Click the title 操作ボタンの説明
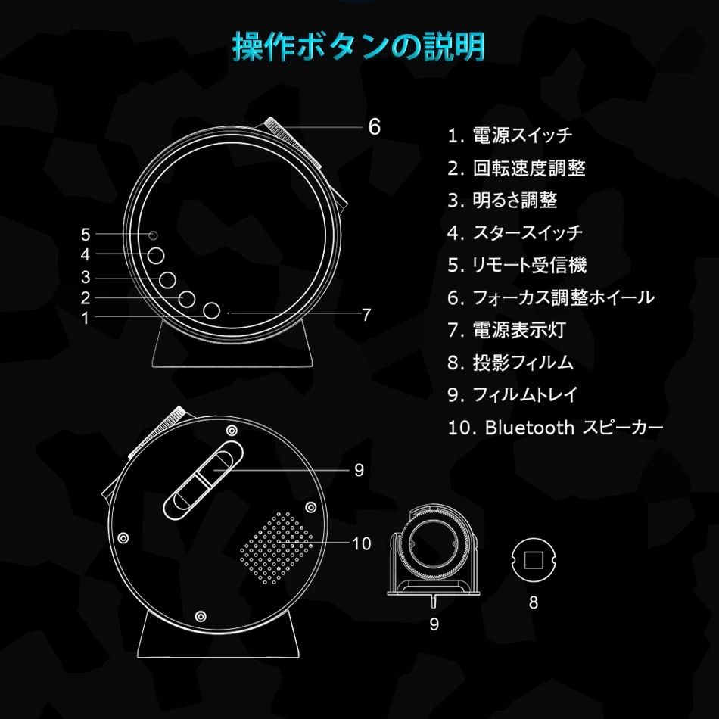pyautogui.click(x=359, y=47)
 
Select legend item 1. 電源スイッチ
pyautogui.click(x=510, y=135)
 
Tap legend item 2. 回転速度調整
pyautogui.click(x=516, y=168)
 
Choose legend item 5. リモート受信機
pyautogui.click(x=517, y=265)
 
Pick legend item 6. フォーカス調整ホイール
pyautogui.click(x=551, y=297)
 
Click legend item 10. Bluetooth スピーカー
pyautogui.click(x=556, y=428)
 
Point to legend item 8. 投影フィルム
pyautogui.click(x=510, y=363)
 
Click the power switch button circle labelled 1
pyautogui.click(x=211, y=310)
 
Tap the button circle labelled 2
pyautogui.click(x=187, y=298)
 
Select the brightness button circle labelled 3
pyautogui.click(x=167, y=280)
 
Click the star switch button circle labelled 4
pyautogui.click(x=156, y=256)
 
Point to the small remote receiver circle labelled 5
pyautogui.click(x=154, y=235)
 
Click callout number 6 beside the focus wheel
pyautogui.click(x=375, y=127)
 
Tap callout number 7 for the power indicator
pyautogui.click(x=366, y=315)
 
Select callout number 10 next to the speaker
pyautogui.click(x=361, y=543)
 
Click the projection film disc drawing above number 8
pyautogui.click(x=534, y=559)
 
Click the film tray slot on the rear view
pyautogui.click(x=203, y=481)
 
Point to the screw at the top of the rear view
pyautogui.click(x=232, y=430)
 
